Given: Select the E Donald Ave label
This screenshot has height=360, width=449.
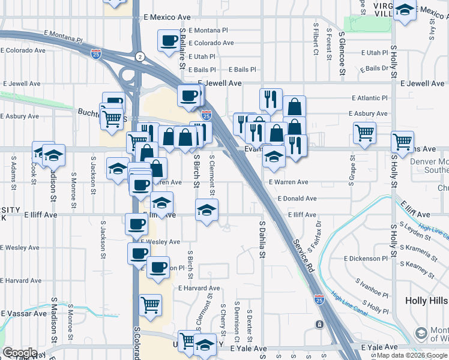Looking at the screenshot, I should pyautogui.click(x=297, y=198).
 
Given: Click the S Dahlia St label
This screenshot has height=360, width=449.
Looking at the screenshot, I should pyautogui.click(x=262, y=239).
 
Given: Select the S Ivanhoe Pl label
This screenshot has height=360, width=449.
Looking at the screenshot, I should pyautogui.click(x=372, y=289).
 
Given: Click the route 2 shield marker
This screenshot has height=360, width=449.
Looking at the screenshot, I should pyautogui.click(x=139, y=56).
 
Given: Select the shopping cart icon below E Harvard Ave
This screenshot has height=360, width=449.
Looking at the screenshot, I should pyautogui.click(x=150, y=305).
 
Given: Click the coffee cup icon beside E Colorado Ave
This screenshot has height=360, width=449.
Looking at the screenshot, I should pyautogui.click(x=168, y=41).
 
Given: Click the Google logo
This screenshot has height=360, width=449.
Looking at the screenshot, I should pyautogui.click(x=20, y=353).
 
